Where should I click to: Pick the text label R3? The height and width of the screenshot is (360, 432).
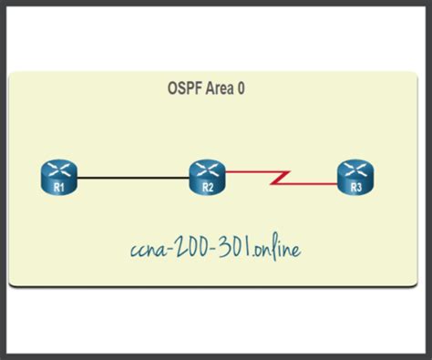click(x=355, y=185)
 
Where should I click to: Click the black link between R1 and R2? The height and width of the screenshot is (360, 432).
click(x=133, y=174)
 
